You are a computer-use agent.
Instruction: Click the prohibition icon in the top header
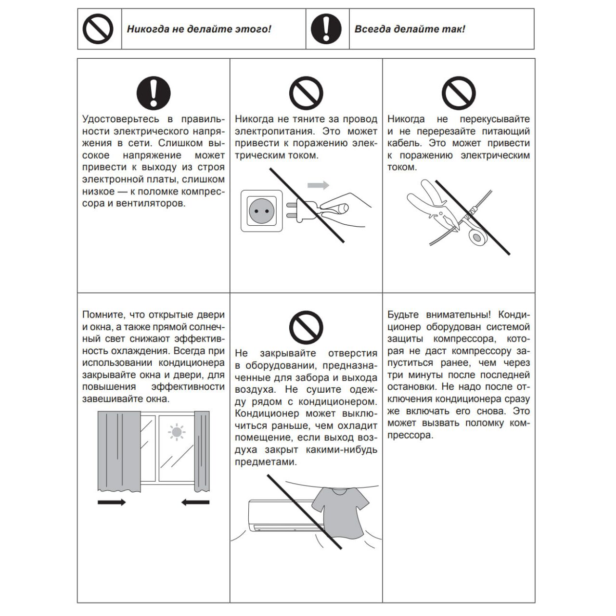[98, 29]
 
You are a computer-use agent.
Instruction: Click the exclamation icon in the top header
[326, 29]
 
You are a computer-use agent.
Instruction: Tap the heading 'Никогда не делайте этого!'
[199, 29]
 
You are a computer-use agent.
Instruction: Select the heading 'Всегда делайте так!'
[410, 29]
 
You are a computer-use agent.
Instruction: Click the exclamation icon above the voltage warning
[154, 93]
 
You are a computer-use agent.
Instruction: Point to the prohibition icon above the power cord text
[306, 93]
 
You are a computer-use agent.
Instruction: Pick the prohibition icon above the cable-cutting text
[459, 93]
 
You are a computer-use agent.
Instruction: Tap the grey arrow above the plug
[318, 185]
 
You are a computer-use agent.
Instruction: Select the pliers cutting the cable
[428, 202]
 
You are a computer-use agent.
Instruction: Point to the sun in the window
[177, 432]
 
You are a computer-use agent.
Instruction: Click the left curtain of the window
[114, 451]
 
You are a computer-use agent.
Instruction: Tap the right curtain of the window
[202, 451]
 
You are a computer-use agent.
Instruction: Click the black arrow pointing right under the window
[111, 502]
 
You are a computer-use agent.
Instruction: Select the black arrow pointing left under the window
[195, 502]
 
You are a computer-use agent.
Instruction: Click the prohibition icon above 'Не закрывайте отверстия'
[306, 327]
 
